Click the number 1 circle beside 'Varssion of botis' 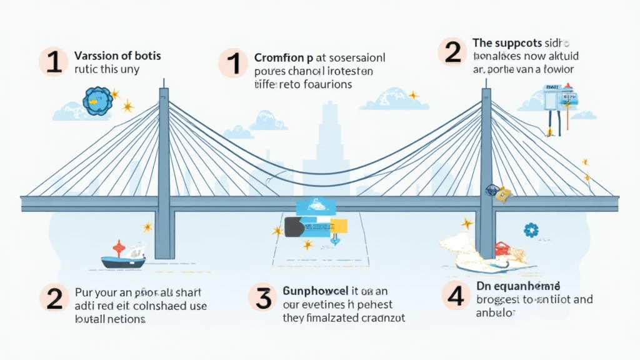54,62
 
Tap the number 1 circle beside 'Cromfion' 234,65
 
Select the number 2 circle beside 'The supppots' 453,52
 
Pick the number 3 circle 264,297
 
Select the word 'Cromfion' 281,58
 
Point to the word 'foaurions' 325,84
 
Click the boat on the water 124,257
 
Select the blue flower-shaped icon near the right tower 531,229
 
